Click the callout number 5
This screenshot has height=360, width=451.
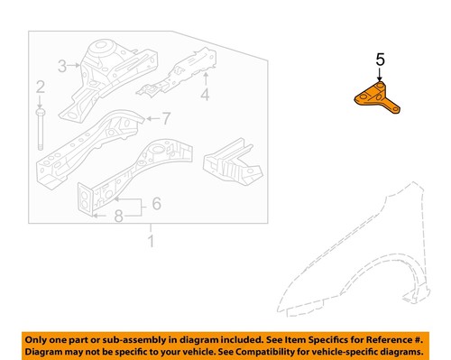coord(380,60)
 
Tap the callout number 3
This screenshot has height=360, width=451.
coord(62,65)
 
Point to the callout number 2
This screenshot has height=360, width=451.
coord(40,87)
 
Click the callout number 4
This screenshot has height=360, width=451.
coord(205,95)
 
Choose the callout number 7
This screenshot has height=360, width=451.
coord(165,117)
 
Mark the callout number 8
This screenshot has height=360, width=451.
coord(117,216)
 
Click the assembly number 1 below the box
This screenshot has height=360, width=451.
coord(152,241)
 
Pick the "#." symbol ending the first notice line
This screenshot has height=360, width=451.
coord(419,337)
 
